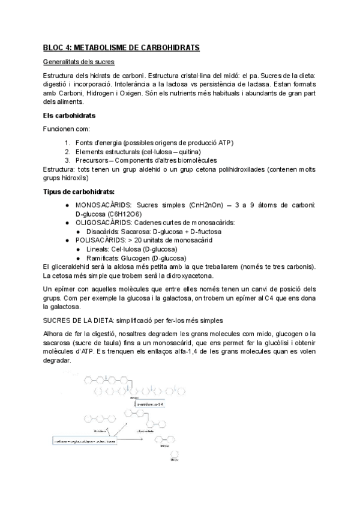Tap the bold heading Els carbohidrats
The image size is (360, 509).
coord(65,115)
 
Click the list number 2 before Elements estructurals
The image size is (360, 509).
coord(68,152)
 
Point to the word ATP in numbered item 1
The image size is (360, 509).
coord(226,143)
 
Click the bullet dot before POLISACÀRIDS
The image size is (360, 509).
coord(69,240)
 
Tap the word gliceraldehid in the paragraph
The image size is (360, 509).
coord(71,266)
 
